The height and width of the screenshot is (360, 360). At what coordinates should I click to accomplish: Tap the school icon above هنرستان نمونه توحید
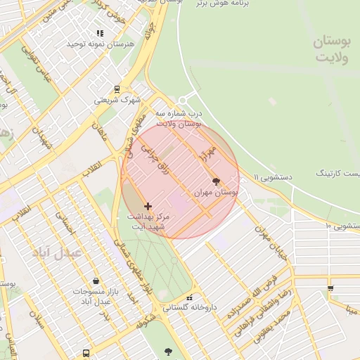pos(101,33)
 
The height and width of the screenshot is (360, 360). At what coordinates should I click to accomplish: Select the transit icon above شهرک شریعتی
pos(117,89)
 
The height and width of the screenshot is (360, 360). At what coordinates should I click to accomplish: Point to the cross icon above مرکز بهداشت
pos(148,206)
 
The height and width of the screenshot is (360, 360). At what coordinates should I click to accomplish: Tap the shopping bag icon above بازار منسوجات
pos(96,281)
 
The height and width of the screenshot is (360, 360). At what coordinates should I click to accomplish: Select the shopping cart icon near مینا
pos(330,288)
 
